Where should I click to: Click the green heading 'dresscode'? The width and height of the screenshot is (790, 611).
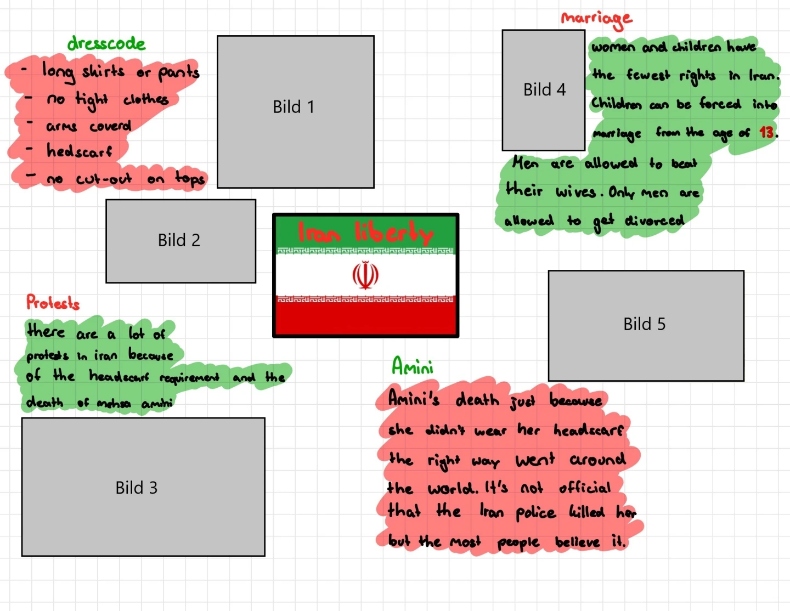pyautogui.click(x=106, y=43)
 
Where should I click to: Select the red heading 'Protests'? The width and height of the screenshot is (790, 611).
pyautogui.click(x=53, y=302)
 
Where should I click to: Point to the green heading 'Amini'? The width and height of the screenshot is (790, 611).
pyautogui.click(x=413, y=366)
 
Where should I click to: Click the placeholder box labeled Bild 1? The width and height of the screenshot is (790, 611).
pyautogui.click(x=295, y=112)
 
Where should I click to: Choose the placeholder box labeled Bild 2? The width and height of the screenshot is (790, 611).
pyautogui.click(x=180, y=241)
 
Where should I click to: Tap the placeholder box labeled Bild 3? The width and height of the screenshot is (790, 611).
pyautogui.click(x=143, y=487)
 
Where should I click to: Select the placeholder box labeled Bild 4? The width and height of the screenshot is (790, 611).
pyautogui.click(x=543, y=90)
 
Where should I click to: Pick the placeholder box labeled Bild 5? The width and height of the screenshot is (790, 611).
pyautogui.click(x=646, y=325)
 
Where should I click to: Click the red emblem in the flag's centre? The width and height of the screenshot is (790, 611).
pyautogui.click(x=365, y=275)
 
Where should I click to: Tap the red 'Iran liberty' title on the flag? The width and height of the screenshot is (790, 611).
pyautogui.click(x=365, y=233)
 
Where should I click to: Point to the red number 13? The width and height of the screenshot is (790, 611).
pyautogui.click(x=766, y=132)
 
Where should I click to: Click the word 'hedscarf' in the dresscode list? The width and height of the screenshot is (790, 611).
pyautogui.click(x=79, y=151)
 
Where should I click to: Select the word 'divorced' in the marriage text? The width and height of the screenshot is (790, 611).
pyautogui.click(x=654, y=220)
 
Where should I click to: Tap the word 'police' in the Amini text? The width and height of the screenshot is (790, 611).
pyautogui.click(x=535, y=513)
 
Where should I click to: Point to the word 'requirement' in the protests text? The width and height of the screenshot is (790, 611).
pyautogui.click(x=189, y=377)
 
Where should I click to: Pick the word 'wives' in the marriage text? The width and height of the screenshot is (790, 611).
pyautogui.click(x=575, y=192)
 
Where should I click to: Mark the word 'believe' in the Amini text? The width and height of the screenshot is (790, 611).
pyautogui.click(x=577, y=542)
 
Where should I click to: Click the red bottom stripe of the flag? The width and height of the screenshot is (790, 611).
pyautogui.click(x=365, y=318)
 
